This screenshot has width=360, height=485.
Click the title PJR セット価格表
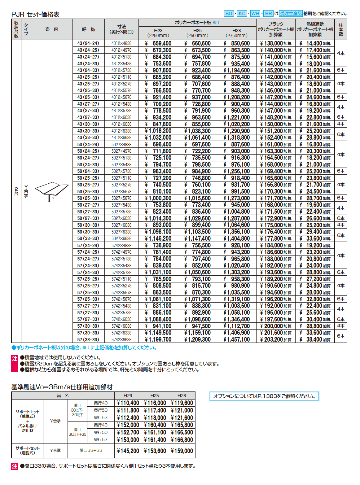tap(35, 15)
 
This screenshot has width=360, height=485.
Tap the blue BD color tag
tap(229, 14)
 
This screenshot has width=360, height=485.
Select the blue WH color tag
tap(255, 14)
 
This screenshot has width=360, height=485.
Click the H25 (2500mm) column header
tap(197, 33)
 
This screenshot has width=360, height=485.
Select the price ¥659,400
tap(158, 44)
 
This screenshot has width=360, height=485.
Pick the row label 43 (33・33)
tap(88, 138)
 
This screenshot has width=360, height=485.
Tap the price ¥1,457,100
tap(237, 340)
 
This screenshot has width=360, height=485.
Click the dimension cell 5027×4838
tap(121, 145)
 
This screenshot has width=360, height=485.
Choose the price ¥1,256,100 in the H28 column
tap(237, 172)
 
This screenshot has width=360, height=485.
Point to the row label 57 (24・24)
tap(88, 246)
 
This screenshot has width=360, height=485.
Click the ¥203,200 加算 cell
tap(276, 340)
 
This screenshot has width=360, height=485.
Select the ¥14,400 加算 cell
tap(315, 44)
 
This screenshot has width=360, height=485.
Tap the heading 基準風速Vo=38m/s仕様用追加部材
tap(62, 387)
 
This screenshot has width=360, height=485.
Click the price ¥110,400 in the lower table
tap(128, 403)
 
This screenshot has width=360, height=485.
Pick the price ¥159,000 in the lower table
tap(182, 451)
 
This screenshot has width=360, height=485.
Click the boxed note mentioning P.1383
tap(264, 396)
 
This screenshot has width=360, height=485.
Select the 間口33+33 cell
tap(91, 450)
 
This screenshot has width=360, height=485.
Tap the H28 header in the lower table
tap(182, 396)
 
